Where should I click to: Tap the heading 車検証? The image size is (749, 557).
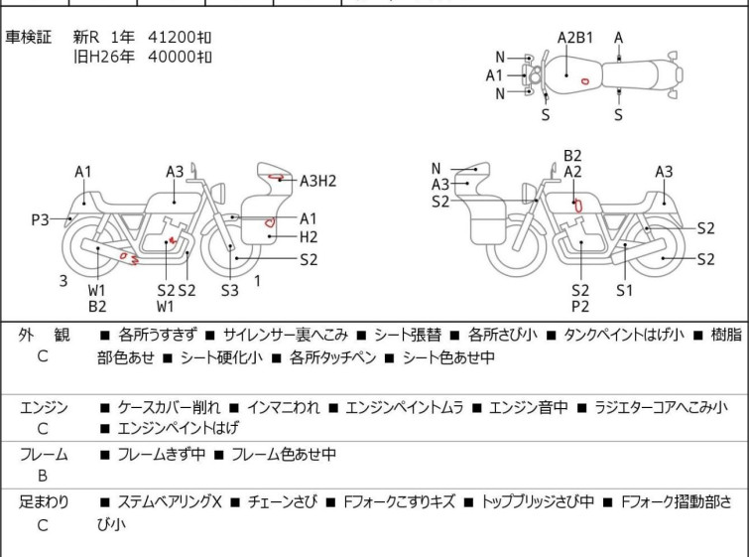28,37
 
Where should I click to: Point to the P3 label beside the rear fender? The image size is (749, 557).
40,218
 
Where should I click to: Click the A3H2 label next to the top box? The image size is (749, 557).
318,180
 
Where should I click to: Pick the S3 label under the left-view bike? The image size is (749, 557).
230,290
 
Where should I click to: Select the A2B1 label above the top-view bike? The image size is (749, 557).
574,38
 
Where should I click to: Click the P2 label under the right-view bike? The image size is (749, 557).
580,307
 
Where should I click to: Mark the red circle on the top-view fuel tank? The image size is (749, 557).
585,80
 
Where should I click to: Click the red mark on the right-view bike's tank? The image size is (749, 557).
577,205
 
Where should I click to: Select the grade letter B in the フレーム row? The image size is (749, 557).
42,473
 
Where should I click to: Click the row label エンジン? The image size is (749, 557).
44,407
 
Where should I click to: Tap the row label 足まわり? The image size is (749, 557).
44,502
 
